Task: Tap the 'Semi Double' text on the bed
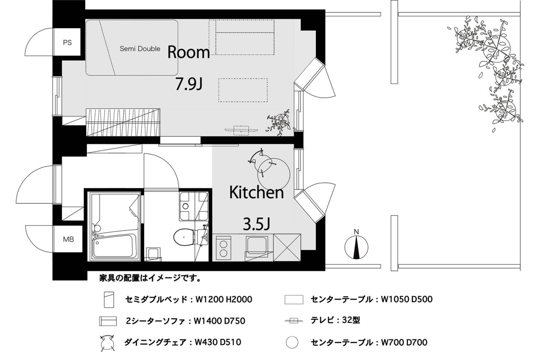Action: (140, 49)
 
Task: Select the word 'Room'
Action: (188, 52)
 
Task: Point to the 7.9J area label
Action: (188, 84)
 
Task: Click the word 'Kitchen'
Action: (256, 192)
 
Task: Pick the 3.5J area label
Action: (256, 224)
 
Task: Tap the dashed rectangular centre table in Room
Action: (243, 90)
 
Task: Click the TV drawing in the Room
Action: (241, 130)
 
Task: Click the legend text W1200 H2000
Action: (223, 299)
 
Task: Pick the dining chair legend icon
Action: (107, 343)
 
